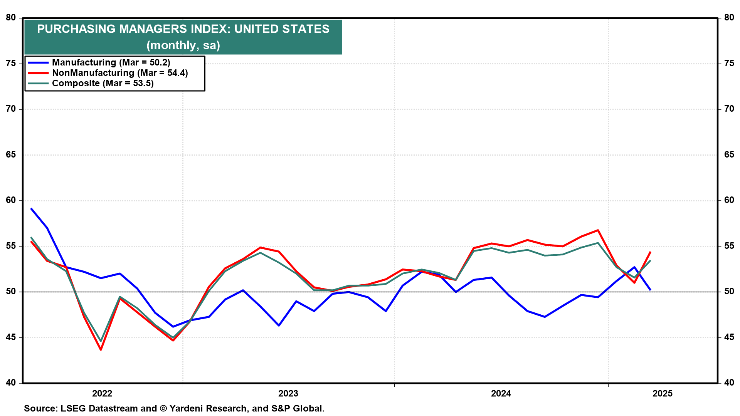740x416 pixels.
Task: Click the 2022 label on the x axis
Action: pos(102,393)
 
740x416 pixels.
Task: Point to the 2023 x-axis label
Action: pos(288,393)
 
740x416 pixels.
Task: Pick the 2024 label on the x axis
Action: pos(501,393)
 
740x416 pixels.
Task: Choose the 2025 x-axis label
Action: pos(663,393)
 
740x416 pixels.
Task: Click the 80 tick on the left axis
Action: pos(11,18)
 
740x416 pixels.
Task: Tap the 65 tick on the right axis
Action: pos(729,155)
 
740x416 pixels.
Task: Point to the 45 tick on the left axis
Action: pos(11,337)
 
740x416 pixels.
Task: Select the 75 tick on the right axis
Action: pos(729,64)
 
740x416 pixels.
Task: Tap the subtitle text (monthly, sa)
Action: pos(183,45)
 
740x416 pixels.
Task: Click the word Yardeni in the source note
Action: pos(188,408)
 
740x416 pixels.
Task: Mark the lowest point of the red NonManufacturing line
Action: pos(101,350)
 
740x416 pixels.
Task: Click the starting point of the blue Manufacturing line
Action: pos(31,208)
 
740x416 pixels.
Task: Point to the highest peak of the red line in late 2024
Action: pos(598,230)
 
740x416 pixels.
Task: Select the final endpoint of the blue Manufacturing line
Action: pos(651,290)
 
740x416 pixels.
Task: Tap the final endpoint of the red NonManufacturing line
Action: pos(651,252)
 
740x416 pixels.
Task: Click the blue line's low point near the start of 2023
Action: pos(279,325)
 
